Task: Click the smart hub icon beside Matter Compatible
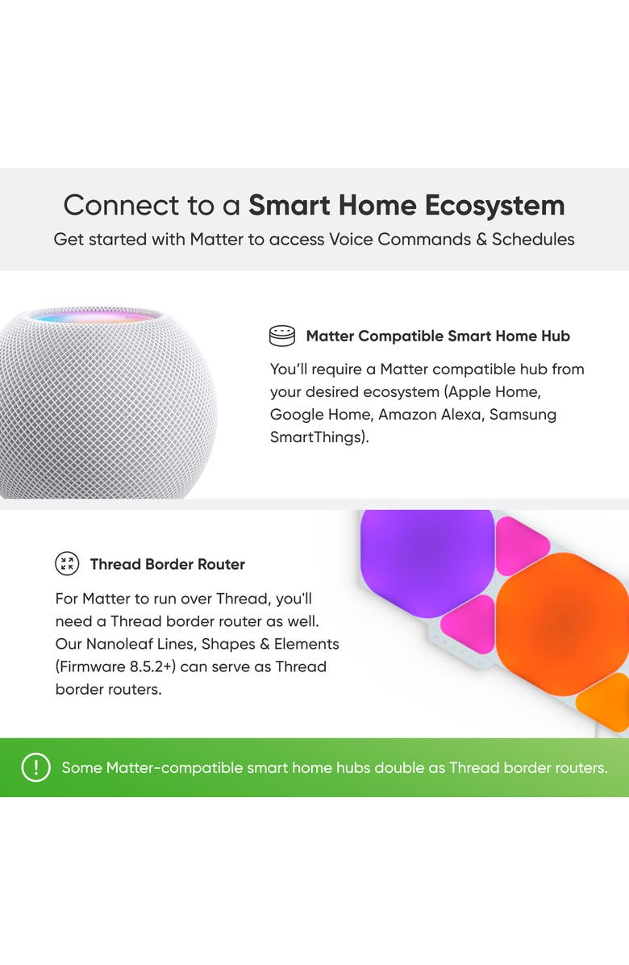(282, 336)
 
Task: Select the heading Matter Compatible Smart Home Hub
(438, 336)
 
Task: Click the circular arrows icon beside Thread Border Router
(67, 564)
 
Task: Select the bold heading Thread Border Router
(167, 564)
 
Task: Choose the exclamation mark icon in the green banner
(35, 767)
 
